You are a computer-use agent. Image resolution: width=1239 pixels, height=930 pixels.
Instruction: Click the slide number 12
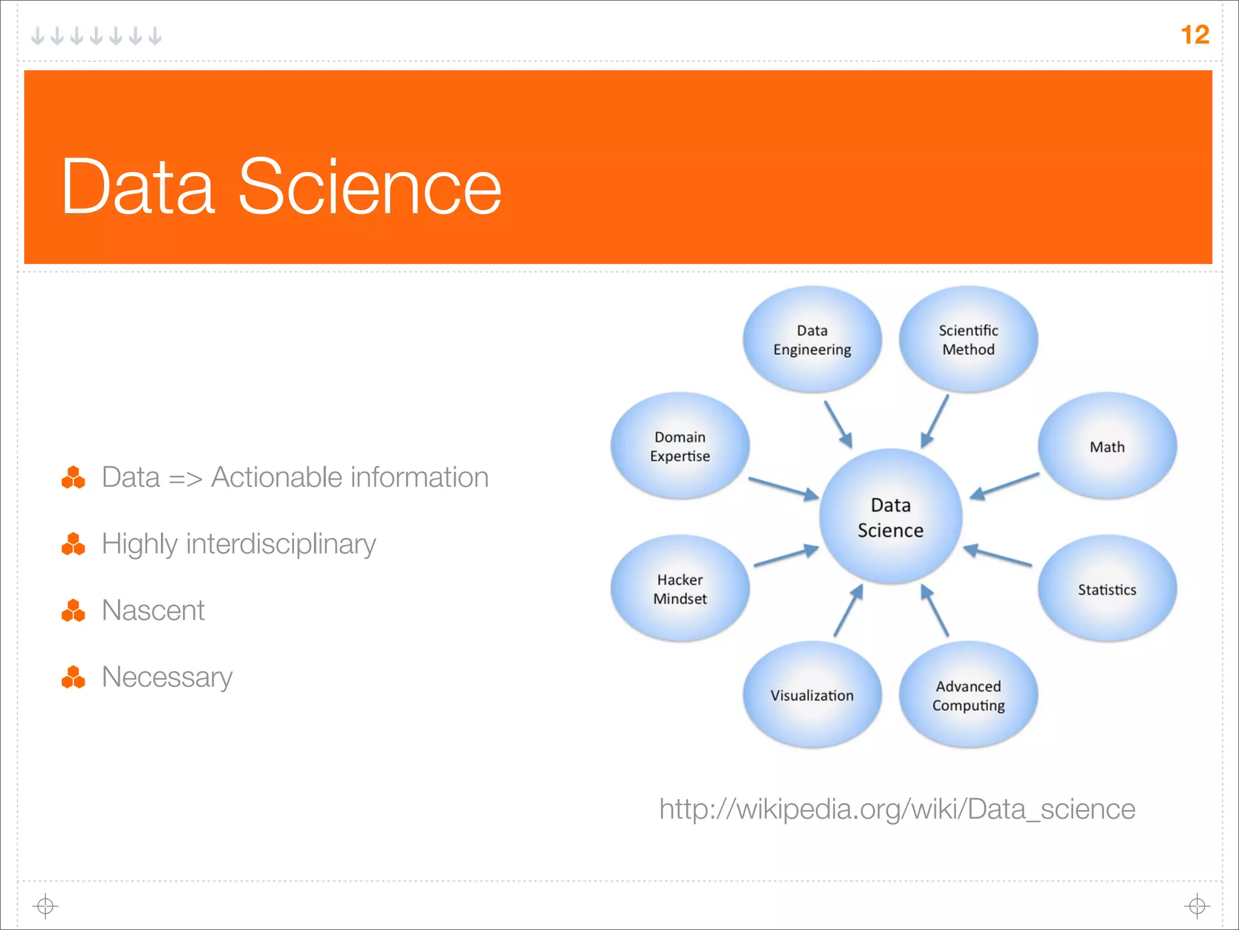(x=1194, y=35)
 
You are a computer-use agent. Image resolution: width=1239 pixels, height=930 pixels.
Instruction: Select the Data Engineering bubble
(x=812, y=340)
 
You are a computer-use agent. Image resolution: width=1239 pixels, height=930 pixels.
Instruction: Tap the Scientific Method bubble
(x=968, y=340)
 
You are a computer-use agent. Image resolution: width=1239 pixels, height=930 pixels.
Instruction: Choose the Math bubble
(x=1107, y=447)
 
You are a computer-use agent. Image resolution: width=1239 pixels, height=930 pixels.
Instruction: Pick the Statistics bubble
(x=1107, y=589)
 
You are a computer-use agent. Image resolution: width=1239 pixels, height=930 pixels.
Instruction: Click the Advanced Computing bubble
(x=968, y=696)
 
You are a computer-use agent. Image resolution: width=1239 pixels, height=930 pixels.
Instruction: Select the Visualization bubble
(x=812, y=695)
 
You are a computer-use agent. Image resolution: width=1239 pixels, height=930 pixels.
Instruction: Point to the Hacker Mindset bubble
(x=680, y=589)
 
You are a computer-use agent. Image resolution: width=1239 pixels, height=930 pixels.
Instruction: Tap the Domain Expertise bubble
(x=680, y=446)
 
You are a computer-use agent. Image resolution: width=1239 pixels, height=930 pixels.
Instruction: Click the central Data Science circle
(x=891, y=517)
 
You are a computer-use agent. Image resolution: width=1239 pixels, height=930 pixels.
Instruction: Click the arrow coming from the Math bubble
(x=1004, y=486)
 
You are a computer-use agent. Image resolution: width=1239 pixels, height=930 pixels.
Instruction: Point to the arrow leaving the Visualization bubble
(x=848, y=611)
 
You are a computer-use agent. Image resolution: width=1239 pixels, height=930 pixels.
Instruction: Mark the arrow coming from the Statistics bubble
(x=998, y=555)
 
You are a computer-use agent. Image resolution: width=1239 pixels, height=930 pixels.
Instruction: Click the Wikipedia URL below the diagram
(x=897, y=809)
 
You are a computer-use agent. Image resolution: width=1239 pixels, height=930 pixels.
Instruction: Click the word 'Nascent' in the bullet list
(x=153, y=610)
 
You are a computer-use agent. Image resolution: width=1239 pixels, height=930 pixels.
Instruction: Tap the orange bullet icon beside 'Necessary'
(x=73, y=677)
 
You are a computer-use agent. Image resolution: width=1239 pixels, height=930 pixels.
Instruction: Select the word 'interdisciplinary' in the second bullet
(x=281, y=544)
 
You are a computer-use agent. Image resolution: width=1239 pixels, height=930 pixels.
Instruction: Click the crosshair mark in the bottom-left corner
(x=45, y=906)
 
